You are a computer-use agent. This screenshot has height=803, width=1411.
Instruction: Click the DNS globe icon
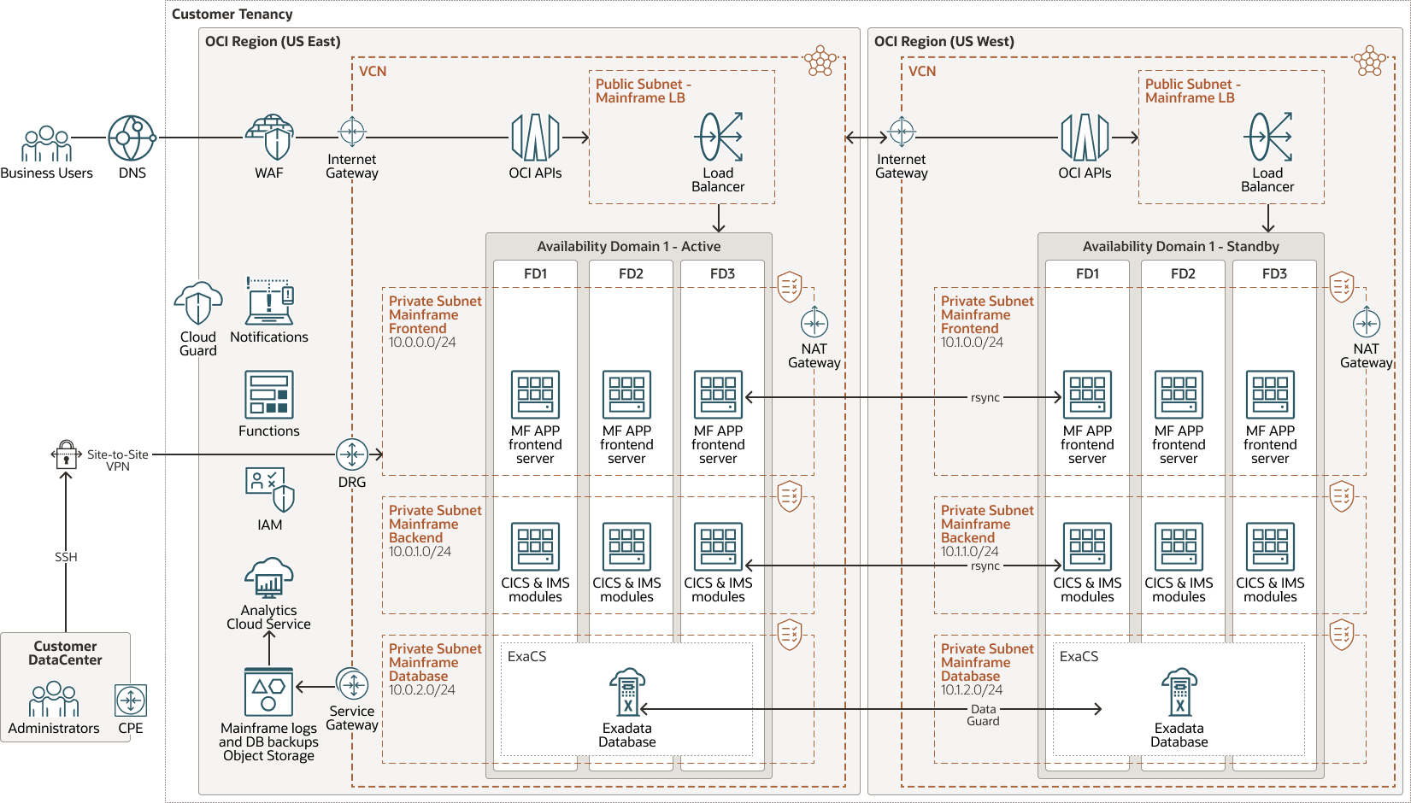point(131,138)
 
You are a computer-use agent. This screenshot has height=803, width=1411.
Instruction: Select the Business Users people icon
point(46,144)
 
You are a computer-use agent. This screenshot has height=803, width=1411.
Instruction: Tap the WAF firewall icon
point(270,138)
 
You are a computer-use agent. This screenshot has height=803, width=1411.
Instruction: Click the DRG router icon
point(352,454)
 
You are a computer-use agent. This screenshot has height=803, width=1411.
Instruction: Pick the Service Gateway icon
point(352,684)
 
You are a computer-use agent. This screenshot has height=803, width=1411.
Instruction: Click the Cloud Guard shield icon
point(198,303)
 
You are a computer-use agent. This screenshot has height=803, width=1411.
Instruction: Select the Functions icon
point(269,394)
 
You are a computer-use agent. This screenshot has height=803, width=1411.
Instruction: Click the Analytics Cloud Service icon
point(269,578)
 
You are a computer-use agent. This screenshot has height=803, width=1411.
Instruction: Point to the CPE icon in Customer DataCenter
point(131,700)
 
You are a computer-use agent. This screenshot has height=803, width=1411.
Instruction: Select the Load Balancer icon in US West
point(1269,137)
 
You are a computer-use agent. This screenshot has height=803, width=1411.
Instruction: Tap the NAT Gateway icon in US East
point(814,324)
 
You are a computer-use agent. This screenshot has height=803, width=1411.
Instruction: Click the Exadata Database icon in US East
point(627,692)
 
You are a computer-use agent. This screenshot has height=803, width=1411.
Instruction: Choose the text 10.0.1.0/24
point(420,552)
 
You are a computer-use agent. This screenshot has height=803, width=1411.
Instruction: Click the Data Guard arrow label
point(983,715)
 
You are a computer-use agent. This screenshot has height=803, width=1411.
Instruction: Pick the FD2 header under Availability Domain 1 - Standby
point(1183,273)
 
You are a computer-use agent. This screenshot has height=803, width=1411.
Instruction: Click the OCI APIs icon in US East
point(535,138)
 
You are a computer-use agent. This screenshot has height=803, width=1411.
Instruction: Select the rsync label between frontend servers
point(985,397)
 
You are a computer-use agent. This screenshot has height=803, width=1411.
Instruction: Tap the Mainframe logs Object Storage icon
point(269,692)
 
